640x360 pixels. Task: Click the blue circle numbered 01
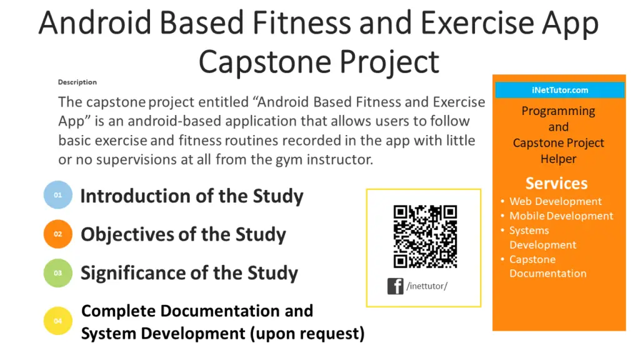coord(58,195)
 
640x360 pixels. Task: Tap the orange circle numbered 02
coord(58,234)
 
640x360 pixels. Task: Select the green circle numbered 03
coord(58,273)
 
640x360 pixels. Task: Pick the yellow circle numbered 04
coord(58,321)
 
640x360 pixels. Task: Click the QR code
coord(425,236)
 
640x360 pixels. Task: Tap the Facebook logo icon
coord(395,286)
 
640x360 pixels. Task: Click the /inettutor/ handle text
coord(427,286)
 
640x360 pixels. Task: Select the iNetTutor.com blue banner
coord(559,90)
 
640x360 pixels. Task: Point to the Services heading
coord(556,183)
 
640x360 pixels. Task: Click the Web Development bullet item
coord(555,201)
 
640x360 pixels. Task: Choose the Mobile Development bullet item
coord(561,216)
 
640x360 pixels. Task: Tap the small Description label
coord(77,82)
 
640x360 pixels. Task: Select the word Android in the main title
coord(95,24)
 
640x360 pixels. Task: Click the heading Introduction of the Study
coord(192,196)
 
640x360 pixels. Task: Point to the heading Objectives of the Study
coord(183,235)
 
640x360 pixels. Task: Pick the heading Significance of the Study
coord(189,273)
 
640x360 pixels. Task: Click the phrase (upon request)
coord(307,333)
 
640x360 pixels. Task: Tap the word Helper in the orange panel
coord(558,159)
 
